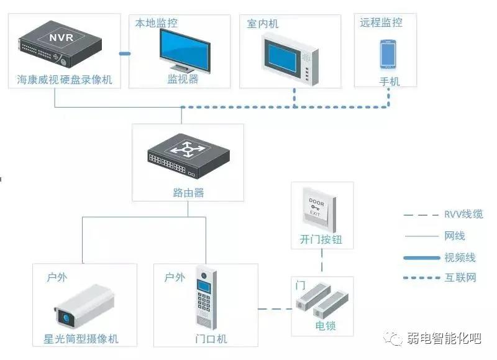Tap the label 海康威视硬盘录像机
coord(65,80)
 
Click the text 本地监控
coord(157,23)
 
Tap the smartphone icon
coord(388,54)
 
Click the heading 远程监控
coord(381,22)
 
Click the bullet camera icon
coord(84,305)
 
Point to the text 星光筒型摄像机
coord(84,339)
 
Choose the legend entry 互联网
coord(460,278)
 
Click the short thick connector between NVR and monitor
coord(124,54)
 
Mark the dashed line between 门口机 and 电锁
coord(275,309)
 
